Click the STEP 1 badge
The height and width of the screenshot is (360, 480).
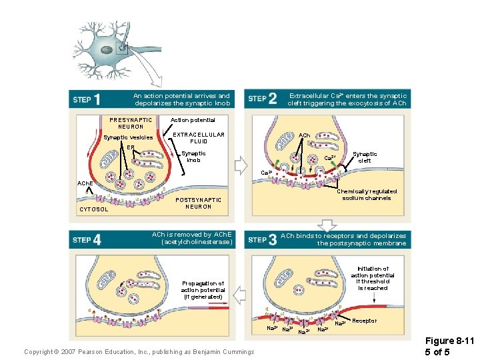pos(87,99)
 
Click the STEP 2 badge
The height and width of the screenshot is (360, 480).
pos(262,99)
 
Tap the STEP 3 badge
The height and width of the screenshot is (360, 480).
pos(262,240)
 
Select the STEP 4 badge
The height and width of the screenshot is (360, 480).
pos(87,240)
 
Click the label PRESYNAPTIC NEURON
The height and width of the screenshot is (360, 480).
pos(131,123)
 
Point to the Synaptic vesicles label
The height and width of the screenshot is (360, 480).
pos(128,138)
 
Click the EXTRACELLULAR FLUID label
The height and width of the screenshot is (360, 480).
pos(199,138)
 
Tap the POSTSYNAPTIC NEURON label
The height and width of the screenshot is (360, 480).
pos(198,203)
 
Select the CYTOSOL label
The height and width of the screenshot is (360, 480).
pos(93,209)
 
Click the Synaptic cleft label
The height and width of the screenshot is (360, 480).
pos(365,157)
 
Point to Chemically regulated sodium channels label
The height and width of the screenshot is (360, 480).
pos(367,195)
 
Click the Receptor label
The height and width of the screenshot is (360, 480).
pos(364,321)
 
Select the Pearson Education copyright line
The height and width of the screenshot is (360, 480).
pos(139,351)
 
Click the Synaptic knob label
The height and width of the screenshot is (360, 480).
pos(193,157)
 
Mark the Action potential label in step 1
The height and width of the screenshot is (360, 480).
pos(193,120)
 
